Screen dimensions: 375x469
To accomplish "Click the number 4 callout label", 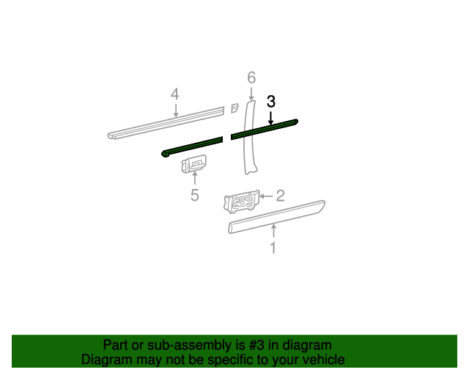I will click(174, 94).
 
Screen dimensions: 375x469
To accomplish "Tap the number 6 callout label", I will click(251, 78).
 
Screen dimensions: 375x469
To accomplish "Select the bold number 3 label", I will click(271, 102).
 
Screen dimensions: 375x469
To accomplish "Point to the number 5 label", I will click(194, 195).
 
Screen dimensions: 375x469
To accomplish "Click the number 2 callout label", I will click(280, 196).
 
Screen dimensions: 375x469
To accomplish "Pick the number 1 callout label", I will click(273, 248).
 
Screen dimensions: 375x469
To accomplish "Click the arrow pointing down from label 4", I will click(175, 110).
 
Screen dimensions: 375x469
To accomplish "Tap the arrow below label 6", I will click(251, 94).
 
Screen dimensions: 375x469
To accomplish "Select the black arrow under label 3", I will click(271, 117).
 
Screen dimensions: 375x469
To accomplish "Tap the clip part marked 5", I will click(193, 164).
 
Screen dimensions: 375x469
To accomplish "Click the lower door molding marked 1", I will click(276, 216).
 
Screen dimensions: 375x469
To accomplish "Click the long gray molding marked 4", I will click(167, 122).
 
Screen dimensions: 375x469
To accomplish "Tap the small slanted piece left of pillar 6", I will click(234, 108).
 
